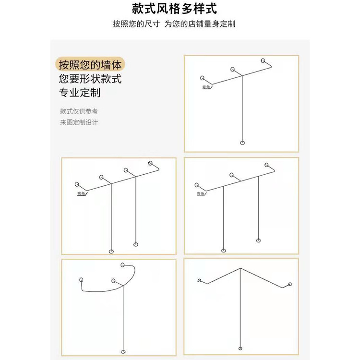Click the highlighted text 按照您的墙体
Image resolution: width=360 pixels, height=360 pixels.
click(x=90, y=65)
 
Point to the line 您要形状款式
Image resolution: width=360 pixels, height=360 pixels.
click(x=90, y=79)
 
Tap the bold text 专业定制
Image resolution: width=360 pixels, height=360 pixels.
click(x=80, y=93)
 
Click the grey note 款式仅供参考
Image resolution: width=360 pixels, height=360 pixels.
click(x=79, y=111)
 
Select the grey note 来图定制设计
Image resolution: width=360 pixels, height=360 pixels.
click(x=79, y=122)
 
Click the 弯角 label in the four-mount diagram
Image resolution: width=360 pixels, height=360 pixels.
click(x=81, y=193)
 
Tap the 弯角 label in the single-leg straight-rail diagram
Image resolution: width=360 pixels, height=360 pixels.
click(x=206, y=87)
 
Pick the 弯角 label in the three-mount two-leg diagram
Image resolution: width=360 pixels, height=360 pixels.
click(x=201, y=193)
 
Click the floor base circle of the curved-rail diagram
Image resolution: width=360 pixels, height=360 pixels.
click(x=123, y=351)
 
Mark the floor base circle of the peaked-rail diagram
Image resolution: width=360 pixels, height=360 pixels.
click(x=240, y=349)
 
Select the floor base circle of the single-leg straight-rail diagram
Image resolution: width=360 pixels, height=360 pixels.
click(x=242, y=143)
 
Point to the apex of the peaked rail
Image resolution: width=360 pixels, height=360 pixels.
click(x=240, y=269)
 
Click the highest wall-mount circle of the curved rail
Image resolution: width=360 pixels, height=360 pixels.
click(x=123, y=264)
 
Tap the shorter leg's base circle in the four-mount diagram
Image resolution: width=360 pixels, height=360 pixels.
click(x=135, y=244)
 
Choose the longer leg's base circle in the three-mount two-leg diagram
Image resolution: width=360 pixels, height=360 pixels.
click(x=223, y=250)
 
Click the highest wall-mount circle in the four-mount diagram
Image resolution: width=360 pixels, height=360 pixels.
click(x=150, y=163)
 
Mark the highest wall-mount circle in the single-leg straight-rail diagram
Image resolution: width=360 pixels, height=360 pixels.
click(x=263, y=60)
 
